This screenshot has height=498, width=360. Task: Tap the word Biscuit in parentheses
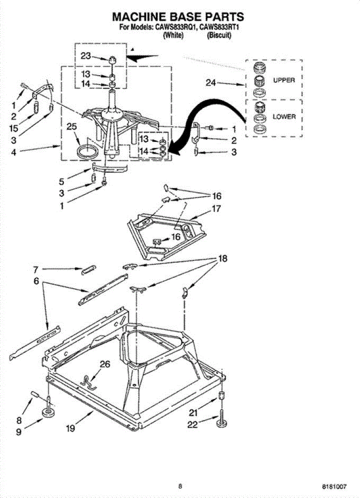(x=219, y=36)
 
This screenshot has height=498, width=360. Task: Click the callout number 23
(x=86, y=56)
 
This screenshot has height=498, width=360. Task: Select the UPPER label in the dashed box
(x=284, y=80)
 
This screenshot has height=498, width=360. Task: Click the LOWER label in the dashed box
(x=284, y=117)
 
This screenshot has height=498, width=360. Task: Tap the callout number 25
(x=72, y=127)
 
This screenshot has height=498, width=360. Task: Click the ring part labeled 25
(x=88, y=151)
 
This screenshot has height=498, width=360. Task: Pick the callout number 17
(x=216, y=209)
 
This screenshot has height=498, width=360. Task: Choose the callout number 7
(x=36, y=269)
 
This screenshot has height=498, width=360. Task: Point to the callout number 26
(x=105, y=364)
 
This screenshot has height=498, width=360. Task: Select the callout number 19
(x=70, y=428)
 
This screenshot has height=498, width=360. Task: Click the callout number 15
(x=13, y=129)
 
